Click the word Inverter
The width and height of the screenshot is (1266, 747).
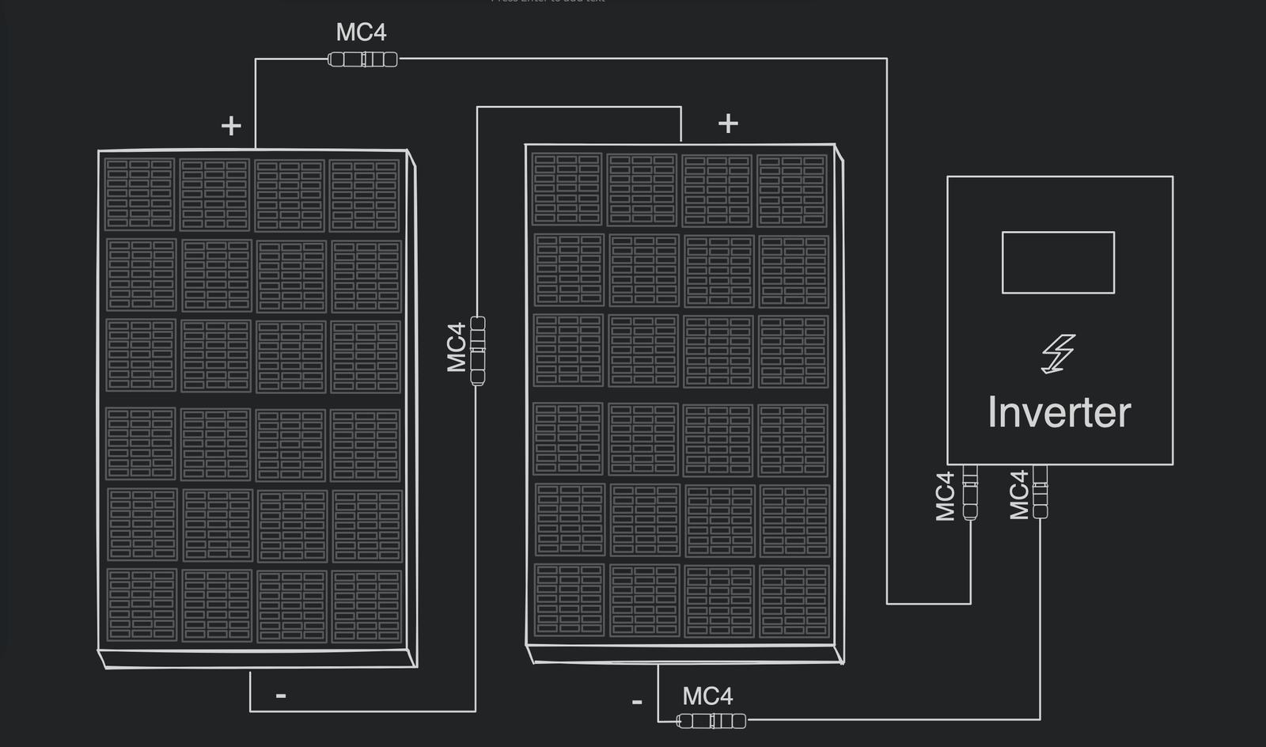pos(1059,412)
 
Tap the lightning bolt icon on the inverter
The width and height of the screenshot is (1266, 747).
pos(1058,353)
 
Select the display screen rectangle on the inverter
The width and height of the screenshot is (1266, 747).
pos(1058,263)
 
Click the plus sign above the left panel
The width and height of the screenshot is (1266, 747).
pos(231,126)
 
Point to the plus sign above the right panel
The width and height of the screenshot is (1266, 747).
pos(728,123)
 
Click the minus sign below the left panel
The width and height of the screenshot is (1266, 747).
pos(281,696)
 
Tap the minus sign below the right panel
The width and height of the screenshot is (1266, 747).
pos(637,702)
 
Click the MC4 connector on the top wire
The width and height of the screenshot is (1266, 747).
pos(362,59)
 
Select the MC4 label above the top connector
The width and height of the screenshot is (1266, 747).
pos(361,32)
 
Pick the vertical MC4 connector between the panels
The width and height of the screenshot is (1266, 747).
pos(478,350)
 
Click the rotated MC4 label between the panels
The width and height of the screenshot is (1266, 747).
pos(457,347)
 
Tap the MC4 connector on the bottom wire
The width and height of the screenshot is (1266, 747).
pos(711,721)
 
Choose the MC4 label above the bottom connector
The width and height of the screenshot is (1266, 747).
pos(707,696)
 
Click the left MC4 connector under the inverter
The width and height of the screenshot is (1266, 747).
pos(970,491)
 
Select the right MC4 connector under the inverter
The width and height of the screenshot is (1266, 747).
pos(1040,491)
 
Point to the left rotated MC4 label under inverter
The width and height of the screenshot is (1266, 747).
pos(946,496)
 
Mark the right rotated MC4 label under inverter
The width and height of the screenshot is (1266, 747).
pos(1019,495)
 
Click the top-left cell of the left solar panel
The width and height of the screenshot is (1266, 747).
pos(139,194)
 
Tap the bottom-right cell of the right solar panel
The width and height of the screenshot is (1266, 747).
pos(794,601)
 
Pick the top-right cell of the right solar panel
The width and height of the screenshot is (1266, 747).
pos(792,191)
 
